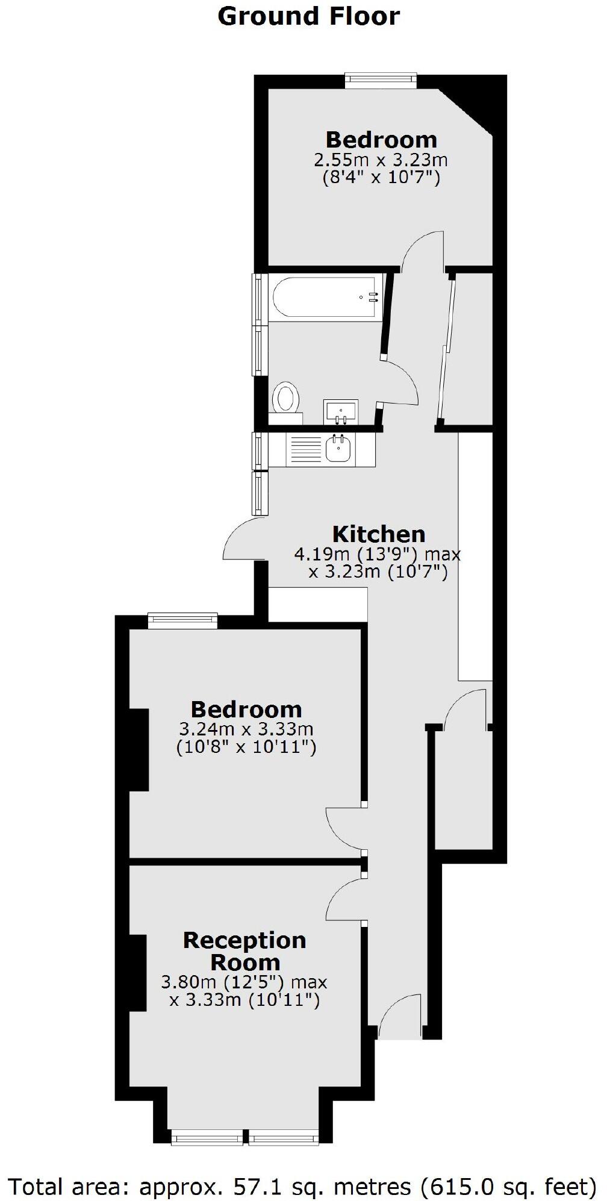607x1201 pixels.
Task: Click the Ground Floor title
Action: tap(308, 16)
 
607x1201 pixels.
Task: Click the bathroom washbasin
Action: tap(341, 411)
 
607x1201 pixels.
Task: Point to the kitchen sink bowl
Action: tap(338, 449)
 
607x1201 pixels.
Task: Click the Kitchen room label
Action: tap(379, 534)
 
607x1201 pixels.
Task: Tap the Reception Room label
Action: tap(244, 950)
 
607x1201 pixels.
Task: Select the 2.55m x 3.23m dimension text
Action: tap(381, 160)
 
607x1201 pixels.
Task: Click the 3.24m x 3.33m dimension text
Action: tap(246, 729)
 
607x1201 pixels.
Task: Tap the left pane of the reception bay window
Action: tap(207, 1137)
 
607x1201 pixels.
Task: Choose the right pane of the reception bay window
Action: tap(283, 1137)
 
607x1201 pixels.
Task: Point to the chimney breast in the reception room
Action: tap(138, 972)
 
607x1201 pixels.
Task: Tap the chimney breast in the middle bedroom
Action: tap(139, 749)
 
